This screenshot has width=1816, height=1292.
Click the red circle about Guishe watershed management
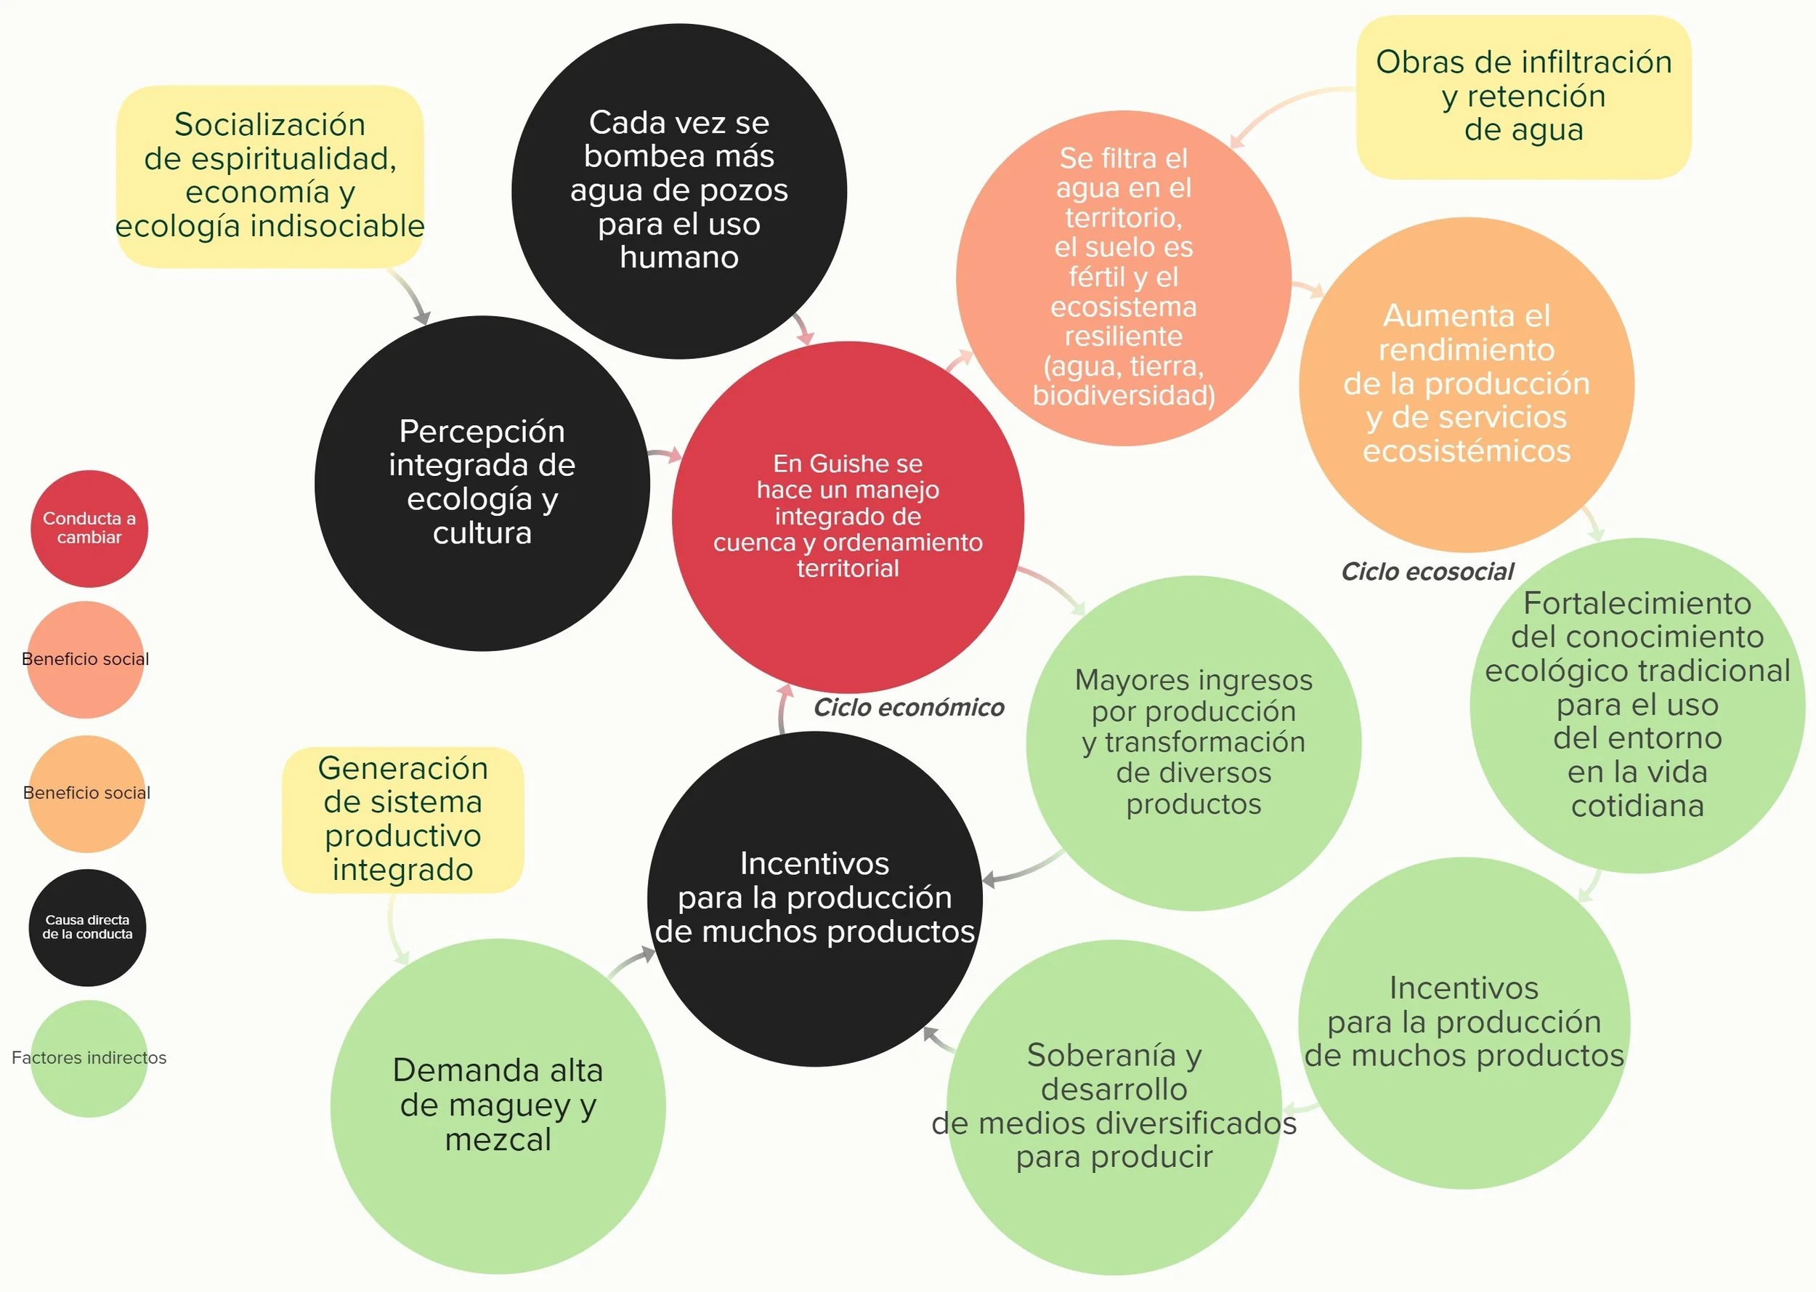click(x=848, y=517)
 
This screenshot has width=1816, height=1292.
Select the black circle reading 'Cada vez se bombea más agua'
click(x=679, y=191)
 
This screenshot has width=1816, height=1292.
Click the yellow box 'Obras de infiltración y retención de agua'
click(x=1523, y=96)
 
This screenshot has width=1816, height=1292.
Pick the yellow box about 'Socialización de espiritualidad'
click(x=269, y=176)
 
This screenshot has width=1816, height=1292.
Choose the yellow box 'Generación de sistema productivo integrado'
click(x=402, y=819)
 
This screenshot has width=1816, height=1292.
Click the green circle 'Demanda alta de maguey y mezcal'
click(x=498, y=1105)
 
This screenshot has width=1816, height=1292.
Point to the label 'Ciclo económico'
click(x=908, y=707)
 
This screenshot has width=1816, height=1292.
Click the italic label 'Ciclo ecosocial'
click(x=1427, y=571)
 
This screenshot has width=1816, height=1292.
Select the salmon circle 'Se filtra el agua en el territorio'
click(x=1123, y=278)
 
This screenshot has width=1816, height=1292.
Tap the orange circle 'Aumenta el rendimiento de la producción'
click(x=1466, y=384)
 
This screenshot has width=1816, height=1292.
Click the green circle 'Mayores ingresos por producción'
click(x=1193, y=742)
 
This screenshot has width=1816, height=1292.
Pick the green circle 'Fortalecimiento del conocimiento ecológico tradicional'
click(x=1637, y=705)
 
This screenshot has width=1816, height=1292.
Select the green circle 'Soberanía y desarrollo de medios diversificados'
click(x=1114, y=1106)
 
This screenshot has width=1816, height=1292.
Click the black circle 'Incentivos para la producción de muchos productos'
click(x=815, y=898)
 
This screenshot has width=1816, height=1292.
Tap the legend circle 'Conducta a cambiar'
click(x=89, y=528)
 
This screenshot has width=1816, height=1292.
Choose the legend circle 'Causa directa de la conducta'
click(x=87, y=926)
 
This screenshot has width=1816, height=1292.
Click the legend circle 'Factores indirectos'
click(x=89, y=1058)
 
